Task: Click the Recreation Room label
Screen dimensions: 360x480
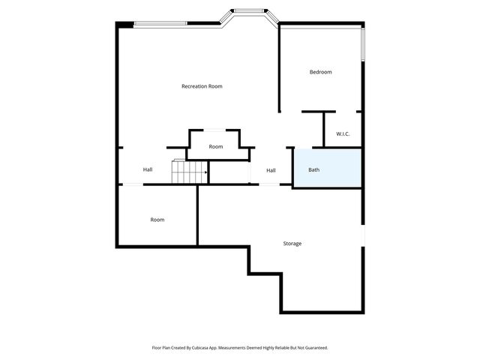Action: point(202,86)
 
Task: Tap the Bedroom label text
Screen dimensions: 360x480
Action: point(320,72)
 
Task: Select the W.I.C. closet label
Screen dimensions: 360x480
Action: point(343,134)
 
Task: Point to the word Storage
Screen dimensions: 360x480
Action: point(292,244)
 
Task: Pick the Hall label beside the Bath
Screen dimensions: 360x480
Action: point(271,170)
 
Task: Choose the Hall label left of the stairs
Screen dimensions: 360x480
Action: point(148,169)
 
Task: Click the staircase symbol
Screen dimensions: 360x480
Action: point(190,172)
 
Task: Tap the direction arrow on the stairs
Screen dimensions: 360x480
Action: point(205,172)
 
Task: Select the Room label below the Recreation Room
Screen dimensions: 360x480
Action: point(216,146)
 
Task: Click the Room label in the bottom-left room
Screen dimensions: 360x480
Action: point(157,220)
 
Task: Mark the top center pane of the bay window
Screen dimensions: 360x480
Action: point(248,11)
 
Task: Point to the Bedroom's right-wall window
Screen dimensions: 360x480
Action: point(362,45)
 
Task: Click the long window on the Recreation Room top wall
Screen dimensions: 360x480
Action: point(160,24)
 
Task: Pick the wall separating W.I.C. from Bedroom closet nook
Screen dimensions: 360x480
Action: point(324,129)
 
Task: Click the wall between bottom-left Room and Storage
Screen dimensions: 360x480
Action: point(197,215)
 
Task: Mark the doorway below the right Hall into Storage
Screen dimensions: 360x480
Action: point(268,184)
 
